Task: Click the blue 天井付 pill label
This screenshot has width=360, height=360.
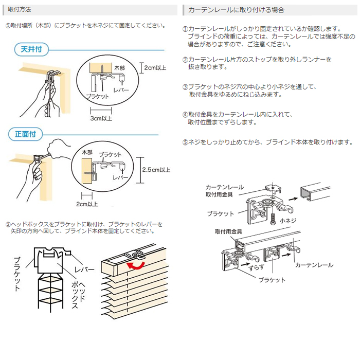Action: pos(31,49)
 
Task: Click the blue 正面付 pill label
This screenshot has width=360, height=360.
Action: pos(26,134)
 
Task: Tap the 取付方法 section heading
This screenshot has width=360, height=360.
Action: pos(20,10)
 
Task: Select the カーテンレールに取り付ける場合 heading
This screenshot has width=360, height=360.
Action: pos(236,10)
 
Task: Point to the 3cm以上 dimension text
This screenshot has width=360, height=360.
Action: pos(101,118)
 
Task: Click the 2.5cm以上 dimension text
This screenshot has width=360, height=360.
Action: pos(156,170)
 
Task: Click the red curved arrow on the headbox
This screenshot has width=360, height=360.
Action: pos(136,265)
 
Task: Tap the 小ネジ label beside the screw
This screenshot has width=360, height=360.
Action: pos(288,221)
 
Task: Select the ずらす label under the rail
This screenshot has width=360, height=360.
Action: pos(256,267)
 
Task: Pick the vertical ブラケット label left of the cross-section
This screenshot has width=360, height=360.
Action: pos(17,274)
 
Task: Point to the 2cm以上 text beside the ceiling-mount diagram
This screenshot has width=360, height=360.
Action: pos(155,68)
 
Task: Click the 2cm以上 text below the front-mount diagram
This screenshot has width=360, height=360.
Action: pos(87,204)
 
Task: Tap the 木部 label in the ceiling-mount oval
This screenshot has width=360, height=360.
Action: pos(119,68)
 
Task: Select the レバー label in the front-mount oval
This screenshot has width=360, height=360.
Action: pos(120,177)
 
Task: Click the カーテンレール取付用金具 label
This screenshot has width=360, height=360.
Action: pos(225,191)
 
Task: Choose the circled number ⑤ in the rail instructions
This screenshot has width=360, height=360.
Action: pos(185,142)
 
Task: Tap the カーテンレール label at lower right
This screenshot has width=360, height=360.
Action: pos(314,265)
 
